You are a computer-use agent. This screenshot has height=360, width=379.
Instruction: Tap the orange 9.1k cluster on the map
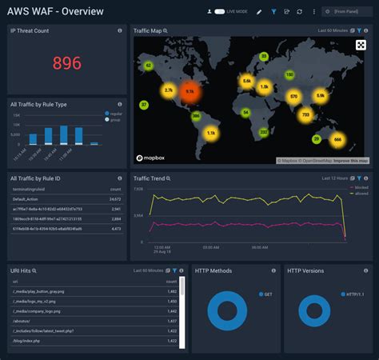pyautogui.click(x=190, y=91)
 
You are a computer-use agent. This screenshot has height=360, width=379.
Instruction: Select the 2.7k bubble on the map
pyautogui.click(x=168, y=90)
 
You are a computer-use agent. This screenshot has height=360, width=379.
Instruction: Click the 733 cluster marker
pyautogui.click(x=305, y=115)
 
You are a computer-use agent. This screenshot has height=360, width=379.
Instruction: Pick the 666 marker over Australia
pyautogui.click(x=337, y=140)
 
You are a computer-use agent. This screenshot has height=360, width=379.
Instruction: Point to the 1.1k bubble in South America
pyautogui.click(x=212, y=133)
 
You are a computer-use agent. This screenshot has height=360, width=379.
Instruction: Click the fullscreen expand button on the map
pyautogui.click(x=361, y=45)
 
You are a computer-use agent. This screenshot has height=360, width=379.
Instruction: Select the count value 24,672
pyautogui.click(x=114, y=198)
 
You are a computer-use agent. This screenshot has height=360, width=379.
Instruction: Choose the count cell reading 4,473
pyautogui.click(x=116, y=229)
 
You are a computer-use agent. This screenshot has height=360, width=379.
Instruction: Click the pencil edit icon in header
pyautogui.click(x=258, y=12)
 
